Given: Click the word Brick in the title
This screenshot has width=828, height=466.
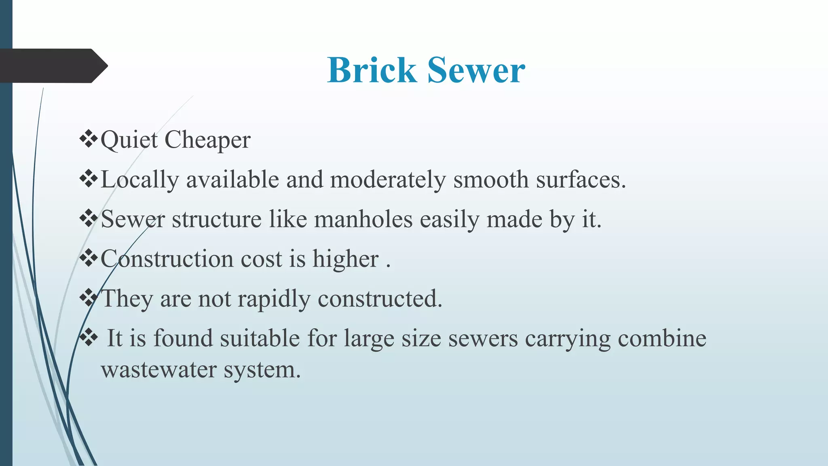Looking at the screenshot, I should pos(372,70).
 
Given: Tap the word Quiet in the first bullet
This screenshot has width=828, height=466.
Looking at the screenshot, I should pos(129,140).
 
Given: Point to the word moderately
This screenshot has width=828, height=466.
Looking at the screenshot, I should pos(388,180).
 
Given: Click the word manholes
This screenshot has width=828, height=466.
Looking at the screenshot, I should pos(363,220).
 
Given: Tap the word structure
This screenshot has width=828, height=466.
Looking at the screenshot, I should pos(217,220).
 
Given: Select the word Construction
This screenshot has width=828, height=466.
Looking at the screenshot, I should pos(167,259).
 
